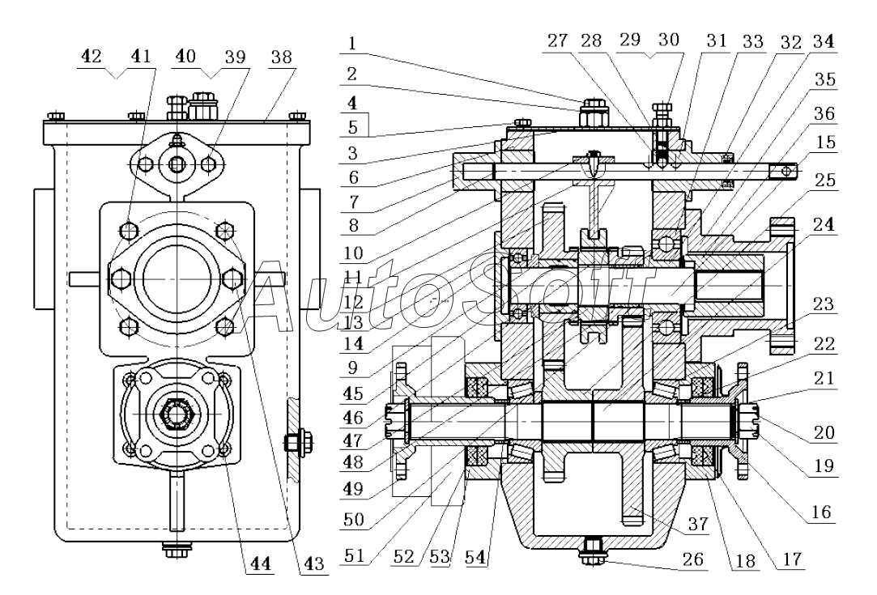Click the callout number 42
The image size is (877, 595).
92,56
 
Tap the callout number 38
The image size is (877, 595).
281,57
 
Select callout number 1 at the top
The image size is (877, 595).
351,43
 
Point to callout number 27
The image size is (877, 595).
557,40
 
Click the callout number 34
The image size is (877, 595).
824,40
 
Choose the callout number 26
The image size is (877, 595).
693,559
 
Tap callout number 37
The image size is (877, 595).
697,524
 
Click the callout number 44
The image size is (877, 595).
260,563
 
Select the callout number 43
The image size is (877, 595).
313,563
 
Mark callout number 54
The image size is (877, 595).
475,557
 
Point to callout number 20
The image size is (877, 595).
824,432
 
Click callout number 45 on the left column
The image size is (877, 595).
353,393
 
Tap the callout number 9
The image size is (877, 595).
351,368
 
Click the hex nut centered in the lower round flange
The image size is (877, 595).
177,413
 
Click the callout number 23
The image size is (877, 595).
824,304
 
